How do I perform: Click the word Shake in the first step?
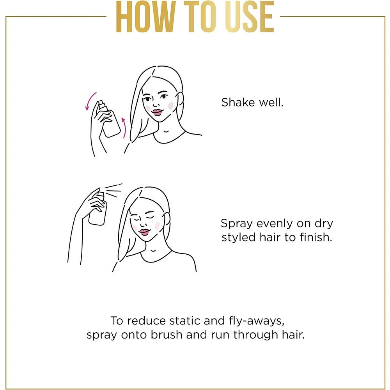point(238,102)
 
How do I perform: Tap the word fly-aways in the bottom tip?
point(257,321)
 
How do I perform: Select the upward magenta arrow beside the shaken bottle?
point(124,128)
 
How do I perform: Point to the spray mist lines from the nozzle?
point(113,191)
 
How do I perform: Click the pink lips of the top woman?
point(157,112)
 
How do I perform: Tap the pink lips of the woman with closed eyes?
point(144,232)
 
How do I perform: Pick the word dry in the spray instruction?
point(324,224)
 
